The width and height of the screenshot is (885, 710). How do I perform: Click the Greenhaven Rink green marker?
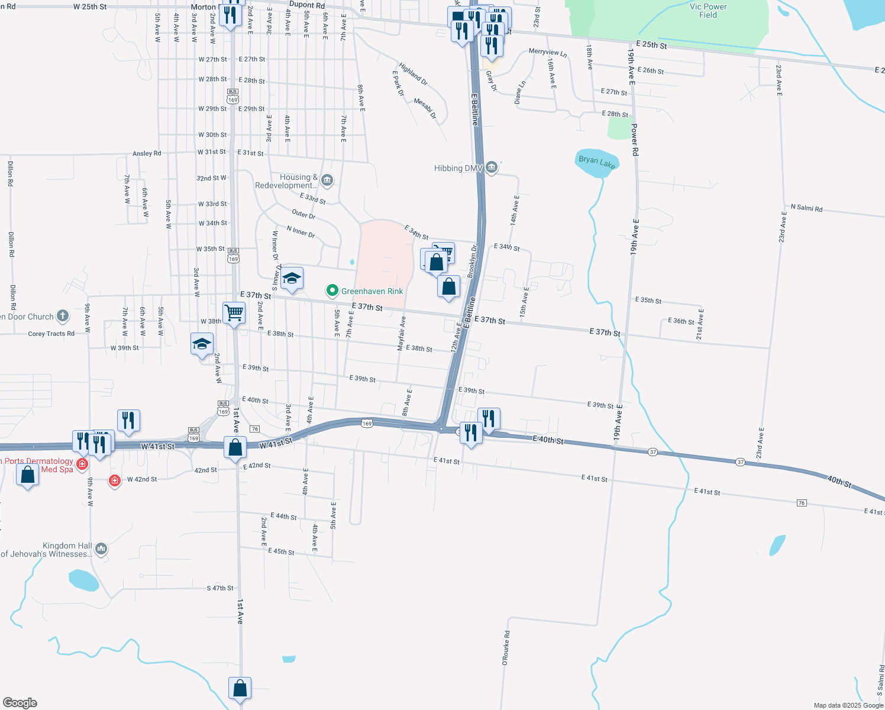pos(332,291)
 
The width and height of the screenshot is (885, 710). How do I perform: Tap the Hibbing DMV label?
pos(458,169)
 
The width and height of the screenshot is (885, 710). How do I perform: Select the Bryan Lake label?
pos(597,162)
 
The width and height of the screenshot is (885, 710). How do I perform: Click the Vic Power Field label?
pos(708,11)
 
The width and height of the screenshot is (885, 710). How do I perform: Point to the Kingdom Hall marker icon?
pos(101,549)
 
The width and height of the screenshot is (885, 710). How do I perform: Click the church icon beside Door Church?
pos(63,316)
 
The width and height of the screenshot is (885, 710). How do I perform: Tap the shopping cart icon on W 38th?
pos(234,313)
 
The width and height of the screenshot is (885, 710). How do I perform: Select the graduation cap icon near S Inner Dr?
pos(292,278)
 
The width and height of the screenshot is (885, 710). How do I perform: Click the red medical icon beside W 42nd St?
pos(115,480)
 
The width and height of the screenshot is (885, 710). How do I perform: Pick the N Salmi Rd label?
pos(806,208)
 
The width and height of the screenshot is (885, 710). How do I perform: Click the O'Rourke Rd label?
pos(506,648)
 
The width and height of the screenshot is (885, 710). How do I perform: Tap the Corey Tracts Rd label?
pos(51,334)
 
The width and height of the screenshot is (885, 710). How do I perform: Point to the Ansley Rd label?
pos(147,154)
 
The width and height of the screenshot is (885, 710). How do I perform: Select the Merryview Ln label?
pos(548,53)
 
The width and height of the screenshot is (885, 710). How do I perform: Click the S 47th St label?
pos(220,588)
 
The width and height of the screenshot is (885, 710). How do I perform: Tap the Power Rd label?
pos(635,139)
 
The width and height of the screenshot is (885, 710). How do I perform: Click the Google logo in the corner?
pos(20,703)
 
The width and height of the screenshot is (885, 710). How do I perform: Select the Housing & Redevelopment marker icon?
pos(328,180)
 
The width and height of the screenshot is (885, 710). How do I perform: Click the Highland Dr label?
pos(413,74)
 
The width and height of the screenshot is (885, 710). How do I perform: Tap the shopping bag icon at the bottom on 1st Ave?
pos(240,689)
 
